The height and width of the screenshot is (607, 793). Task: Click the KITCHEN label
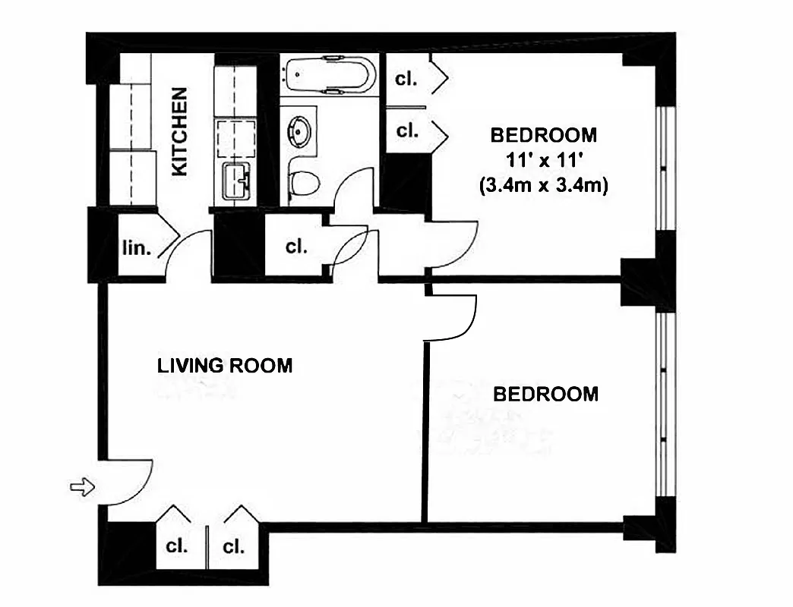tap(179, 132)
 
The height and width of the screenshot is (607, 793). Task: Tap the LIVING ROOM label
tap(224, 366)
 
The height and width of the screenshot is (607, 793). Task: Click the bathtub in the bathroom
tap(329, 76)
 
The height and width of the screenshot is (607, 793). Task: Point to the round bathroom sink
tap(302, 132)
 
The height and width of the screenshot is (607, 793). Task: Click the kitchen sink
tap(235, 181)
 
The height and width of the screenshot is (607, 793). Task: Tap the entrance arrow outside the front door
tap(82, 486)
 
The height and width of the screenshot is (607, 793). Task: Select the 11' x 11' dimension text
tap(543, 160)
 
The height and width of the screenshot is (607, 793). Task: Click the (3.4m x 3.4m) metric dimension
tap(543, 185)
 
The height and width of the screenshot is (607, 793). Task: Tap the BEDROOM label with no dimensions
tap(545, 395)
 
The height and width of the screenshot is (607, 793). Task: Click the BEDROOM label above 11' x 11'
tap(543, 136)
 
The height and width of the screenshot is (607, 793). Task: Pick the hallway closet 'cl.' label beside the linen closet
tap(295, 247)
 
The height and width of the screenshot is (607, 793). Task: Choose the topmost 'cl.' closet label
tap(407, 78)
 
